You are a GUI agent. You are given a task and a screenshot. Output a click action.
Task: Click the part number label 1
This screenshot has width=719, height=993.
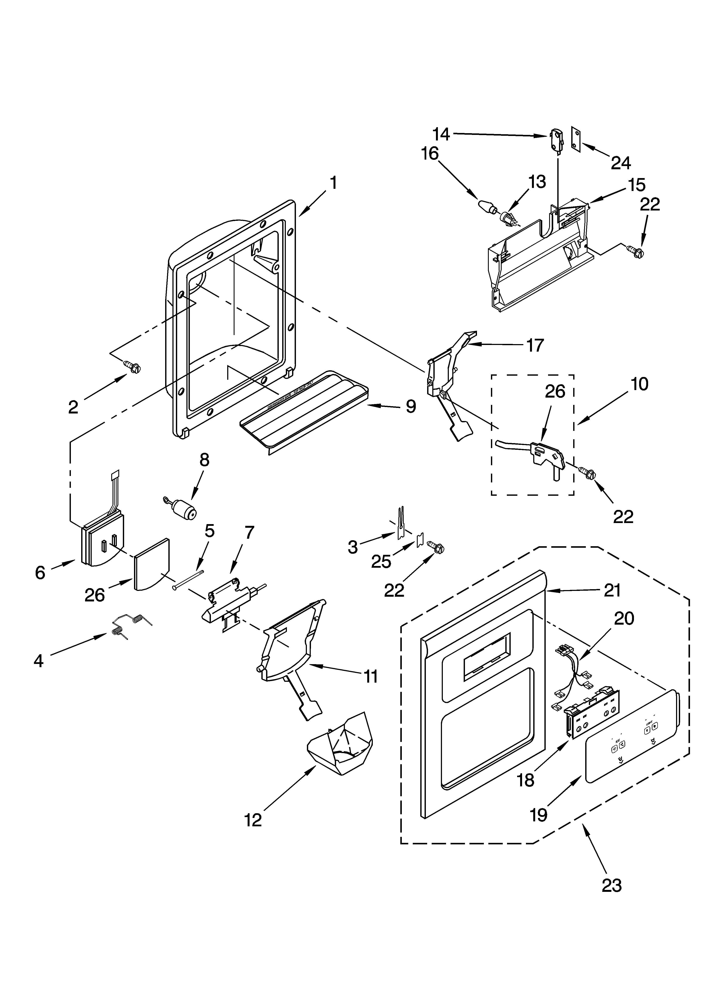(333, 183)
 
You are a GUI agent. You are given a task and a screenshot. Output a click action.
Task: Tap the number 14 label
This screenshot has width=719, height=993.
(441, 134)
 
